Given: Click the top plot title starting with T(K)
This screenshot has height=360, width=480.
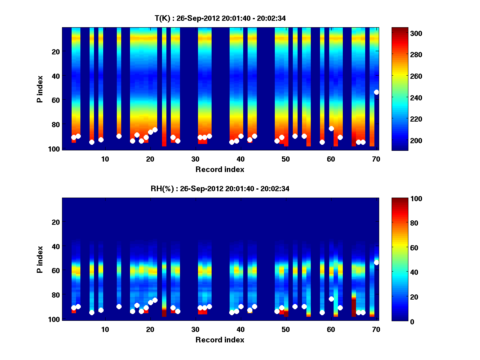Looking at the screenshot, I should [x=220, y=18].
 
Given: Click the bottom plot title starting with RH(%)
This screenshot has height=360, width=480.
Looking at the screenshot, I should [x=220, y=188].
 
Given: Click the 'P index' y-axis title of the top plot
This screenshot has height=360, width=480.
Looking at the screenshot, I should [x=40, y=89].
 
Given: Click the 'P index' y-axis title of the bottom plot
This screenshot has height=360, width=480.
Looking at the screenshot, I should [x=40, y=259].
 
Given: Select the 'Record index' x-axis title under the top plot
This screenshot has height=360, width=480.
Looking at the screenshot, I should [x=220, y=169].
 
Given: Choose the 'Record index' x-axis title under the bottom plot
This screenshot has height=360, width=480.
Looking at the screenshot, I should [x=220, y=340].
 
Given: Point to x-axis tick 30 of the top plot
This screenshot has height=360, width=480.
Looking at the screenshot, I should [x=195, y=159].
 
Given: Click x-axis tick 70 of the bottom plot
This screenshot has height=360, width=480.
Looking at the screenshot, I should [x=376, y=329].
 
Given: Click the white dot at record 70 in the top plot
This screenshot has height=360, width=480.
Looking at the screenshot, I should [x=376, y=92].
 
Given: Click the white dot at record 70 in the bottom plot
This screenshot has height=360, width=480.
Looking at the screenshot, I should [x=376, y=262].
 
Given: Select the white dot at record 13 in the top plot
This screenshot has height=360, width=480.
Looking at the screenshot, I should [x=119, y=136].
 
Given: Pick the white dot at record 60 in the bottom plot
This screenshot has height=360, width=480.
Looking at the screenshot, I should [x=331, y=299].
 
